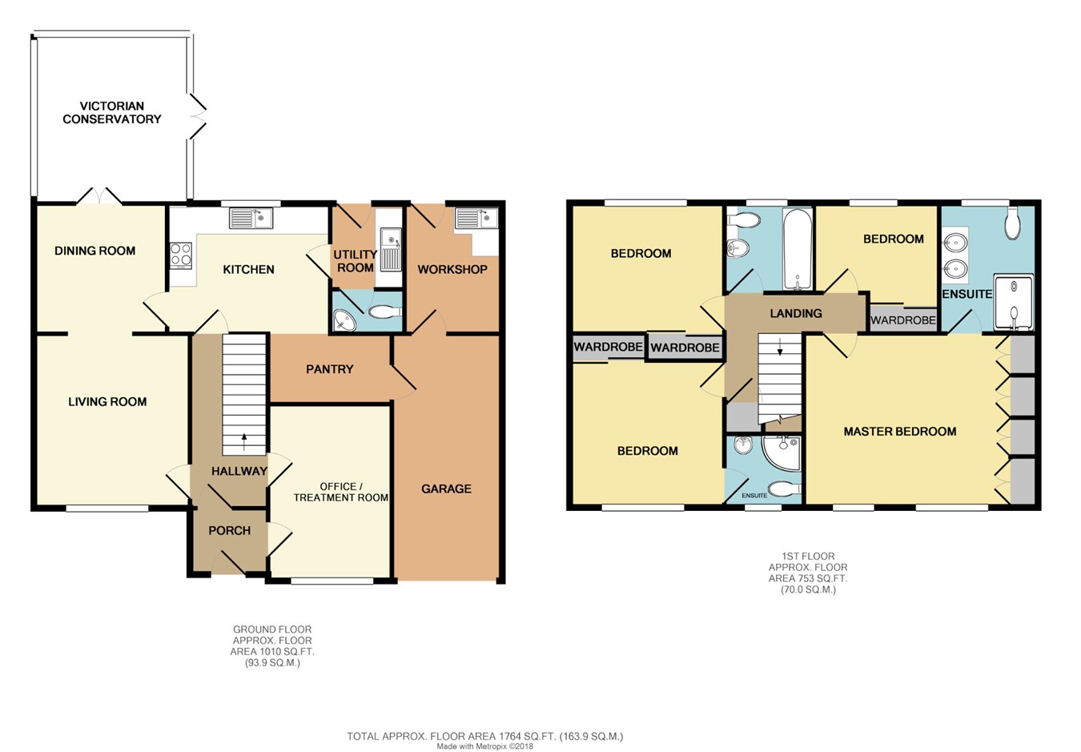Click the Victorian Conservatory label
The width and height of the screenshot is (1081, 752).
[112, 112]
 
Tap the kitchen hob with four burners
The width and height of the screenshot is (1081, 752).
[181, 255]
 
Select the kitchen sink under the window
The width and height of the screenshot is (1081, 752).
[251, 218]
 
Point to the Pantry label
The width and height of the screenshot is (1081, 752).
[330, 369]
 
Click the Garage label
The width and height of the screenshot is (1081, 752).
[446, 489]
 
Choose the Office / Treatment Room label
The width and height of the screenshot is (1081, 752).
[340, 492]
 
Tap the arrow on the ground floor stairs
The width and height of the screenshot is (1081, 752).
[244, 441]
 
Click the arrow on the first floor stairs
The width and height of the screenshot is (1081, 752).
[780, 347]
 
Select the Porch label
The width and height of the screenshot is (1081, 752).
[229, 530]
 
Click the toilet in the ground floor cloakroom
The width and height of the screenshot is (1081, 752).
[384, 312]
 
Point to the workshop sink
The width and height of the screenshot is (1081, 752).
[476, 218]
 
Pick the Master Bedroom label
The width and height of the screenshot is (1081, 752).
[899, 432]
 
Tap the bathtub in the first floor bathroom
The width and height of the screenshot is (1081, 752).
[798, 249]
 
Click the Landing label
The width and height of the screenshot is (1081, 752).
[796, 313]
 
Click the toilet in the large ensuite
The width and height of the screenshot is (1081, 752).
[1013, 223]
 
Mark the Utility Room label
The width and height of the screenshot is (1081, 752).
[356, 261]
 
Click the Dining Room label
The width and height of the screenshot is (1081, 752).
[94, 251]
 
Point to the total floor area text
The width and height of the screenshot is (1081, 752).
[485, 737]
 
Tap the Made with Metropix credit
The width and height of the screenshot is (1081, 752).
[485, 746]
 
